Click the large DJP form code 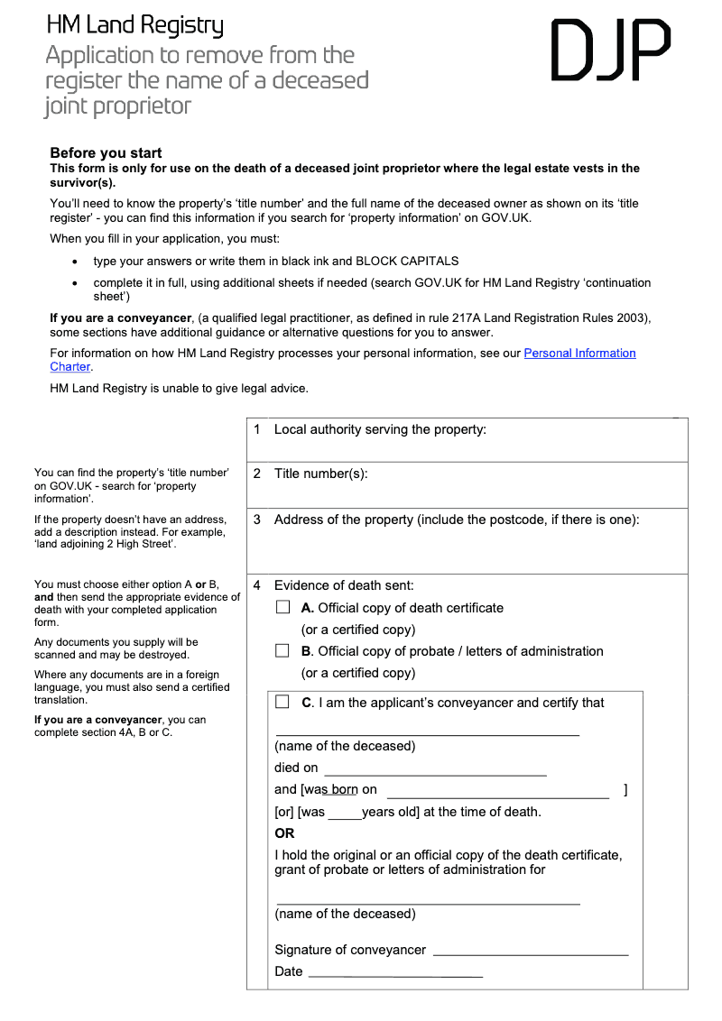610,51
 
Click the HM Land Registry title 134,25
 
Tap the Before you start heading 106,153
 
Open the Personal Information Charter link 579,354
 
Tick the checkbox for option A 282,608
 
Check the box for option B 282,651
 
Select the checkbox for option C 282,702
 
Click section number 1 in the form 257,430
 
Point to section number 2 257,474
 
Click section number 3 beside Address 257,520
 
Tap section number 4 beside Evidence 257,585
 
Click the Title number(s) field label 320,474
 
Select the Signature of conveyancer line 531,952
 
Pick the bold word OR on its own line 284,833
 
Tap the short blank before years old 344,815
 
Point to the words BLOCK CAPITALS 407,262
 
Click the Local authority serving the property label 380,430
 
